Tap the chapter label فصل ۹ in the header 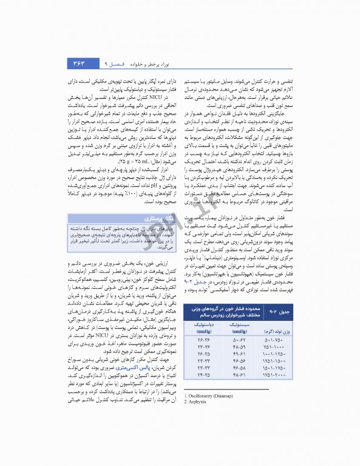click(113, 63)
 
